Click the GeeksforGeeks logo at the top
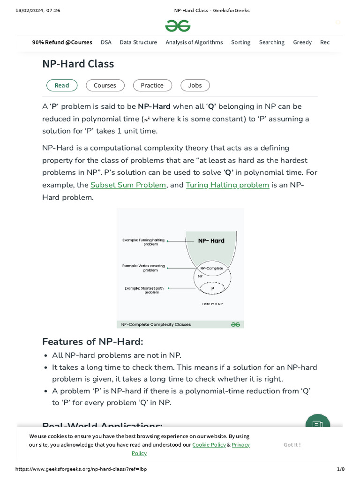point(178,26)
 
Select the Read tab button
point(61,85)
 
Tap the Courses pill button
point(105,85)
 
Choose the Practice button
point(152,85)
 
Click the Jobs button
point(195,85)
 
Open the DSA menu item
point(106,42)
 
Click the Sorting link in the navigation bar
point(240,42)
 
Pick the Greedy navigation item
point(302,42)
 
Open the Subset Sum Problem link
point(128,185)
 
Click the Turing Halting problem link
point(227,185)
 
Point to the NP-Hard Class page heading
point(78,64)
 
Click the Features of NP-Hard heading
point(93,341)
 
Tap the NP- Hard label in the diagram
point(211,240)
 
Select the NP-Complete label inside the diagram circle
point(211,269)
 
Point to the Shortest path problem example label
point(144,290)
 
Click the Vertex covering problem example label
point(143,268)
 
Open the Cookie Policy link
point(209,444)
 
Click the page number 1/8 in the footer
point(341,469)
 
